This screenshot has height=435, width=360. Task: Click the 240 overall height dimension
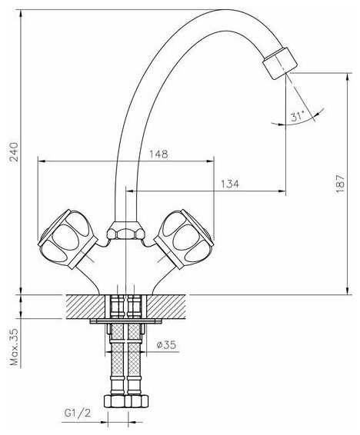[x=14, y=152]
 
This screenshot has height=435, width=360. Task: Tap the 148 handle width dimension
[x=158, y=154]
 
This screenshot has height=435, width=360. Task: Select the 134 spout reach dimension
[x=230, y=184]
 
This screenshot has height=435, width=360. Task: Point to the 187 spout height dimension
[x=340, y=184]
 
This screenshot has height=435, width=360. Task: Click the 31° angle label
[x=297, y=116]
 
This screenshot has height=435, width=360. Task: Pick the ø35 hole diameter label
[x=166, y=345]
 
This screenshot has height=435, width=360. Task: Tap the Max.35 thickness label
[x=14, y=347]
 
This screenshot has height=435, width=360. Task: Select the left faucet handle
[x=68, y=239]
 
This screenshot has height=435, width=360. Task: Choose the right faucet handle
[x=184, y=239]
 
